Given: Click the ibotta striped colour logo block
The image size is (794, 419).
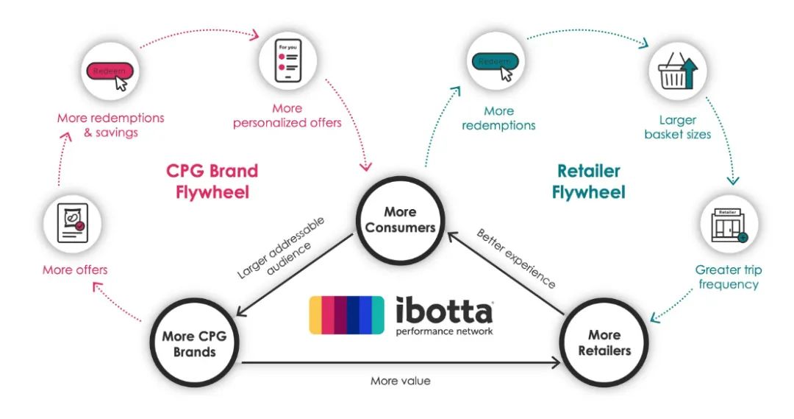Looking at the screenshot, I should tap(346, 314).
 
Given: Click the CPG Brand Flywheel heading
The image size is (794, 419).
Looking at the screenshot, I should tap(212, 181).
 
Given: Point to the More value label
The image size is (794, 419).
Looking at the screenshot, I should tap(400, 381).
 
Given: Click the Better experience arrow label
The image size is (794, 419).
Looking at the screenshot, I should tap(516, 258).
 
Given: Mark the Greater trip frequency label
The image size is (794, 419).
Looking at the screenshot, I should tap(728, 277).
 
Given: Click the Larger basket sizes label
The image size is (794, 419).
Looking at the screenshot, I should tap(677, 127).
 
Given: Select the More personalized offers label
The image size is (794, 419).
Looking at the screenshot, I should tap(287, 116).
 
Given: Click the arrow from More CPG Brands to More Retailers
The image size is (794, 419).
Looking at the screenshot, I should tap(400, 362).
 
